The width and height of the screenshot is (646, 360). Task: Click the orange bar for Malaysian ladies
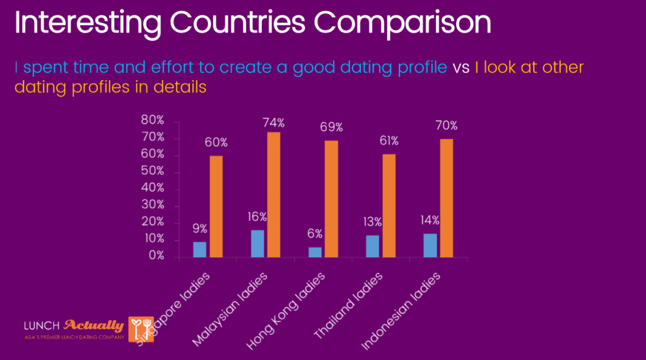[x=274, y=194]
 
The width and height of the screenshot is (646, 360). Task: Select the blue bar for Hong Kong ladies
[x=315, y=252]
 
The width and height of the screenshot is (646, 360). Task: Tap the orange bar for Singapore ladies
[x=216, y=206]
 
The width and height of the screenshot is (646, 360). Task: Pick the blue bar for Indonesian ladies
[x=430, y=245]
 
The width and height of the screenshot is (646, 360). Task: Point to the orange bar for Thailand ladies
[x=389, y=205]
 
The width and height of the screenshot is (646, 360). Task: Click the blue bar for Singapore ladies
[x=199, y=249]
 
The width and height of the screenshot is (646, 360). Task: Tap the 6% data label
[x=315, y=234]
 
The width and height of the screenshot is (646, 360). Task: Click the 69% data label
[x=331, y=127]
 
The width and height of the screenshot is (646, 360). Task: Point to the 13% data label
[x=372, y=221]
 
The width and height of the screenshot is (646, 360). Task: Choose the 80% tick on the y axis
[x=152, y=120]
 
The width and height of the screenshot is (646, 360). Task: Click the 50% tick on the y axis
[x=152, y=171]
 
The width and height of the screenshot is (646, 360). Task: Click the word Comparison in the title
[x=404, y=23]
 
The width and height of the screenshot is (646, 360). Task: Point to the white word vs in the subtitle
[x=461, y=67]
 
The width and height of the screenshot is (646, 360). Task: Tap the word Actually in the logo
[x=94, y=326]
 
